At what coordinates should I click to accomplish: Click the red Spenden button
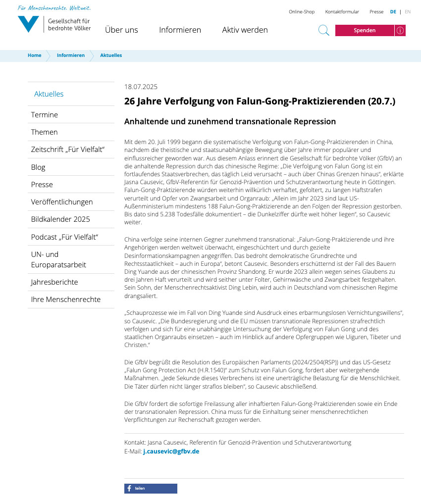point(365,30)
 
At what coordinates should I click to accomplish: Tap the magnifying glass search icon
point(323,30)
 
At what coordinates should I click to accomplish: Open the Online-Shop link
point(302,12)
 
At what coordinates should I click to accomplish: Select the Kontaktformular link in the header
point(342,12)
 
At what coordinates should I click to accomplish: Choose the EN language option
point(408,12)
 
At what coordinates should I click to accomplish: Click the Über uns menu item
point(121,30)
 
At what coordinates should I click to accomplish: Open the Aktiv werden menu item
point(245,30)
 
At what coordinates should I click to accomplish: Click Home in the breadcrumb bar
point(35,55)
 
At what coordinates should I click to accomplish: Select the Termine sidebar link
point(45,115)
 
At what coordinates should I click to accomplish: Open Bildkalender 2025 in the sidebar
point(60,219)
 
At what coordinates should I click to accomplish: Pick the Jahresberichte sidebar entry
point(54,282)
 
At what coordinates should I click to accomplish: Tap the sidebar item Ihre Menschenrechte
point(66,300)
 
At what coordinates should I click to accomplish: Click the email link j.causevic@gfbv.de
point(171,451)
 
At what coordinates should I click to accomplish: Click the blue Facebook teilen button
point(151,489)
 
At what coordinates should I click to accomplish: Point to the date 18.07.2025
point(141,87)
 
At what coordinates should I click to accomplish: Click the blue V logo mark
point(28,24)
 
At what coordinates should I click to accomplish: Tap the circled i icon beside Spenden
point(400,30)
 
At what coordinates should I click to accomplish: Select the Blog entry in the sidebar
point(38,167)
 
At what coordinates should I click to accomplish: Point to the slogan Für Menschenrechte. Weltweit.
point(54,8)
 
